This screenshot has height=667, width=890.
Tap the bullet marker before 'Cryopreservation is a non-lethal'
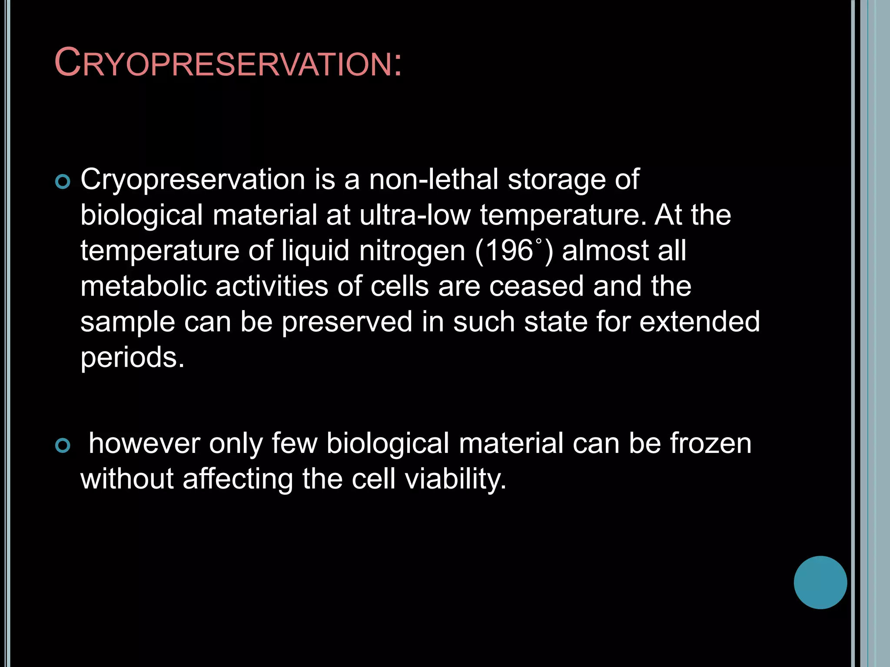pyautogui.click(x=63, y=182)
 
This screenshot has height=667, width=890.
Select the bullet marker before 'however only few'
pyautogui.click(x=63, y=446)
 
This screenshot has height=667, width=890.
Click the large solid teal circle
pyautogui.click(x=820, y=582)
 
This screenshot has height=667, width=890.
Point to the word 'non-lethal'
pyautogui.click(x=433, y=179)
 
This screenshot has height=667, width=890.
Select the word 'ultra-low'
pyautogui.click(x=415, y=215)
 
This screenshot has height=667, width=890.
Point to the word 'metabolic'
pyautogui.click(x=143, y=286)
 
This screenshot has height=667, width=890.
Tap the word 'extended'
pyautogui.click(x=699, y=322)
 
